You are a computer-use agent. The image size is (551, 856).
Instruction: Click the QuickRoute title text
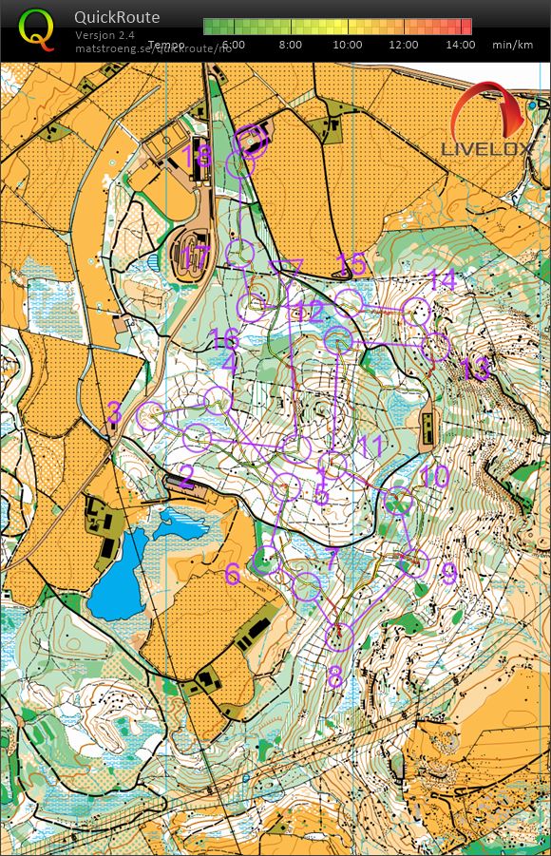(117, 17)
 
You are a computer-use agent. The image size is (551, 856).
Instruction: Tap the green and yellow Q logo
(37, 29)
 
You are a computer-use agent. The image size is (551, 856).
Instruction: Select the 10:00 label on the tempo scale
(348, 45)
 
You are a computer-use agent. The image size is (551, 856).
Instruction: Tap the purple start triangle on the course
(285, 269)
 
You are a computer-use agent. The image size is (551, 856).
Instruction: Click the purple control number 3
(114, 411)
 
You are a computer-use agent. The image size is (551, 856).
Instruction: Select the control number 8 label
(334, 677)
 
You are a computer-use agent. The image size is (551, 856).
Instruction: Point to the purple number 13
(476, 368)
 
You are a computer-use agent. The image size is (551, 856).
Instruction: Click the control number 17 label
(195, 257)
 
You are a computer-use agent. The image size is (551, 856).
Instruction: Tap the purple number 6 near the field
(233, 574)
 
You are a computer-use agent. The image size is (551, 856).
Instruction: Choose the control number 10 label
(434, 476)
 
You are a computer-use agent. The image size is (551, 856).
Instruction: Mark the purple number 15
(351, 262)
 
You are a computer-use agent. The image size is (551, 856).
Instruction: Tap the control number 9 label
(448, 573)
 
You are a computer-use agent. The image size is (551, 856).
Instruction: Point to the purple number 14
(443, 280)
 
